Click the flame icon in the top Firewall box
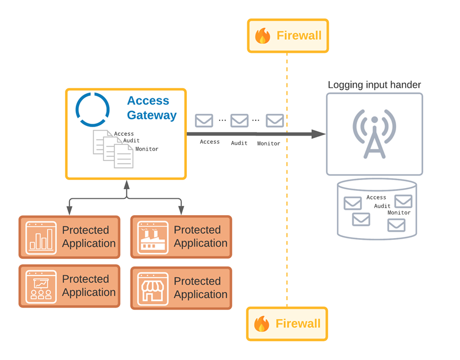(263, 36)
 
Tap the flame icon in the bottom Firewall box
(262, 324)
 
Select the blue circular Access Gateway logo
(93, 109)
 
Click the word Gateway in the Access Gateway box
(152, 115)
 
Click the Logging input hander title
(374, 85)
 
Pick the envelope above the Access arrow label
(204, 121)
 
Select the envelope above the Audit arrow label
(239, 121)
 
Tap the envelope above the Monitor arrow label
(275, 121)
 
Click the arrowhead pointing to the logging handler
(319, 134)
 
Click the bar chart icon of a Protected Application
(41, 238)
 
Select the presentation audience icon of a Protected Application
(41, 286)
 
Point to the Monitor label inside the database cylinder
(399, 213)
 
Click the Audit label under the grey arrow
(239, 143)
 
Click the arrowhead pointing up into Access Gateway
(126, 184)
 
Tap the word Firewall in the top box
(299, 36)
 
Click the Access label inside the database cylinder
(377, 197)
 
